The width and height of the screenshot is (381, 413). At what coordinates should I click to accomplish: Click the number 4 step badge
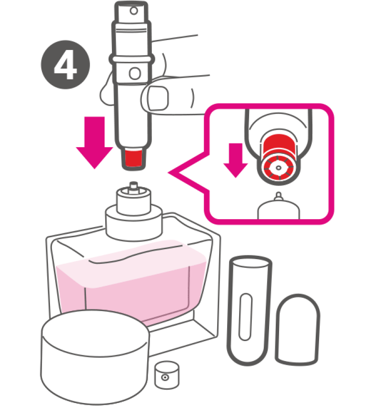[x=65, y=64]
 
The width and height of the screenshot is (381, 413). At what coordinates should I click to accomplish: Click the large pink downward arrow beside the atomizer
[x=94, y=142]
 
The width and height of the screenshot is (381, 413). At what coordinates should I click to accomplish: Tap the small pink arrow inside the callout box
[x=235, y=160]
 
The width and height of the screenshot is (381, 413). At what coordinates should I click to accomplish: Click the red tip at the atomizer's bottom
[x=134, y=158]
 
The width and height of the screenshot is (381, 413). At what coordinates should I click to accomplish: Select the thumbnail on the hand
[x=158, y=98]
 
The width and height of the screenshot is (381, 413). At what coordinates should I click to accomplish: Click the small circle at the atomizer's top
[x=134, y=11]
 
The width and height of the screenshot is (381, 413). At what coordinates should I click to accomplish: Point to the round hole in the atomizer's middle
[x=135, y=73]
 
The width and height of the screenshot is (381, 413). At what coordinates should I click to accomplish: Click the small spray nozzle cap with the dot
[x=167, y=375]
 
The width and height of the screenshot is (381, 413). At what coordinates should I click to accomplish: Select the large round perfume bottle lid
[x=95, y=357]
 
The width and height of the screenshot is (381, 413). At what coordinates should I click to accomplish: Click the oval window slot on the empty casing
[x=245, y=317]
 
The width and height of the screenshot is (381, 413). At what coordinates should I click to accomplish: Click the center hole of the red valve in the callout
[x=278, y=168]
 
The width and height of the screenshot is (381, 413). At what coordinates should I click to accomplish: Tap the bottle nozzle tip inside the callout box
[x=278, y=196]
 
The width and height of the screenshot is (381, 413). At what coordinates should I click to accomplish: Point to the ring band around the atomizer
[x=131, y=59]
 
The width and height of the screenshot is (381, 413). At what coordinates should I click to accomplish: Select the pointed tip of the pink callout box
[x=169, y=173]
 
